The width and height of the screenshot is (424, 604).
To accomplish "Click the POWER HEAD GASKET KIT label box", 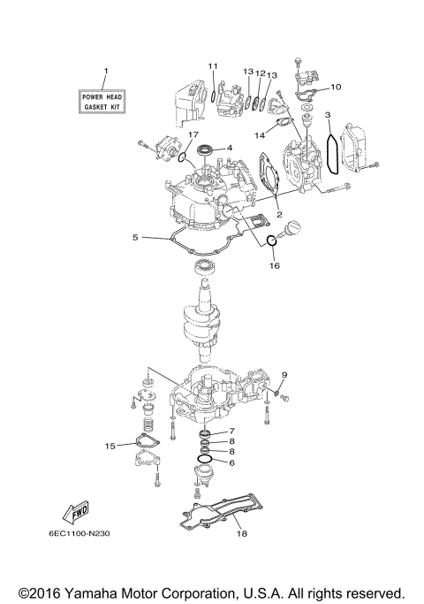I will click(103, 99).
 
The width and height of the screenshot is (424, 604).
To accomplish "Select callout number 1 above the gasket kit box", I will click(105, 71).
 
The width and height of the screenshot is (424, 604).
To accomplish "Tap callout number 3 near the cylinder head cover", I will click(327, 115).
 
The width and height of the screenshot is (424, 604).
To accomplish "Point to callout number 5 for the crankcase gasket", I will click(135, 237).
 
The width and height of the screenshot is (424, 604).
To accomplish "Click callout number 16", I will click(274, 264).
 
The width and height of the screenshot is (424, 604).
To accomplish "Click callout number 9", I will click(286, 374).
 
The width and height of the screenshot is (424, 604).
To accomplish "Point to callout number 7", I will click(231, 431).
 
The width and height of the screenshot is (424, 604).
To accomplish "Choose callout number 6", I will click(231, 463).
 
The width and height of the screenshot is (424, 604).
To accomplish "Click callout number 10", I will click(336, 87).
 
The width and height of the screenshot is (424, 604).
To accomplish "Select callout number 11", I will click(213, 66).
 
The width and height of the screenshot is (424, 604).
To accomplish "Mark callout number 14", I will click(260, 135).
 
